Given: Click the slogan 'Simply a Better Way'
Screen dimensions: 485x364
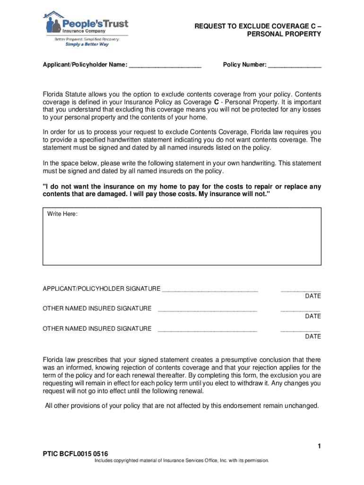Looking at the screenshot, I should tap(87, 44).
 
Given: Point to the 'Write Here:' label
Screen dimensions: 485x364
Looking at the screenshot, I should tap(62, 215).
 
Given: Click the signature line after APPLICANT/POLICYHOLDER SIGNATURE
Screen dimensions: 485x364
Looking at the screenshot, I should tap(210, 290).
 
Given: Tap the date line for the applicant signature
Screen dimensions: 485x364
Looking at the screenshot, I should tap(301, 290).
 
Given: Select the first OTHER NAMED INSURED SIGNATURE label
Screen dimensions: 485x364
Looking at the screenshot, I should tap(97, 309).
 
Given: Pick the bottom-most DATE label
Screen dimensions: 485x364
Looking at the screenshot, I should tap(312, 337).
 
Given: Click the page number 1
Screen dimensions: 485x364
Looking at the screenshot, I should tap(319, 446).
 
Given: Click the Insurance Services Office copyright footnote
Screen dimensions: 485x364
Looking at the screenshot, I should tap(182, 460).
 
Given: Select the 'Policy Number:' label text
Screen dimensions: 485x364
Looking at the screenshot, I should tap(244, 64).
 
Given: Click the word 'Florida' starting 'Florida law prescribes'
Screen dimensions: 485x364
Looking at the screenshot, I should tap(54, 359).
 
